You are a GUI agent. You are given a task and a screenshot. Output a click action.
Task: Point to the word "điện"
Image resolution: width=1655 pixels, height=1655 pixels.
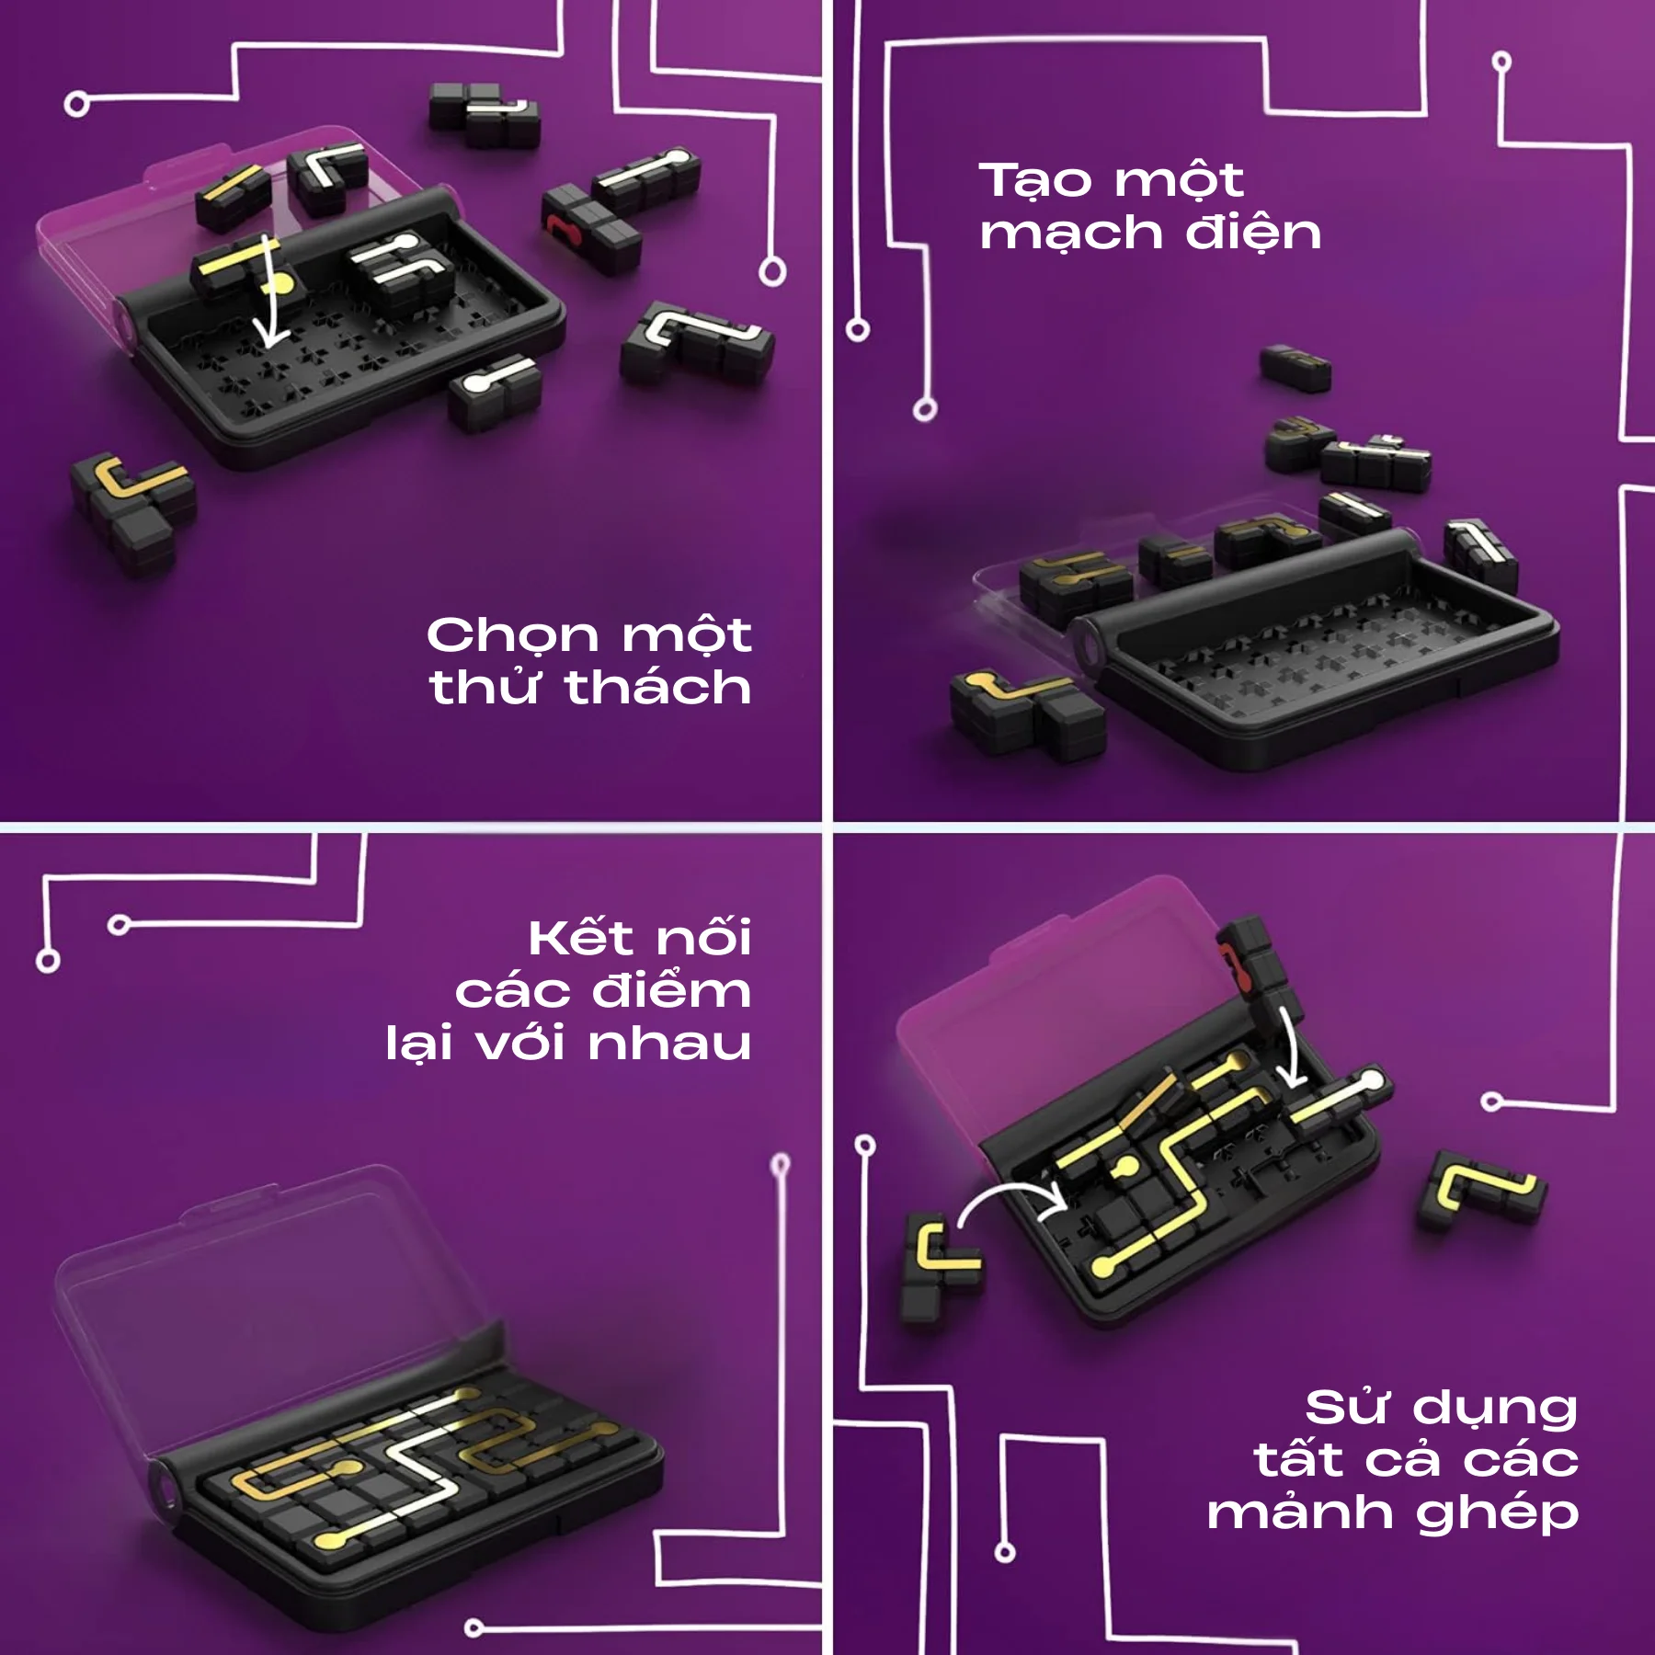pyautogui.click(x=1253, y=232)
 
